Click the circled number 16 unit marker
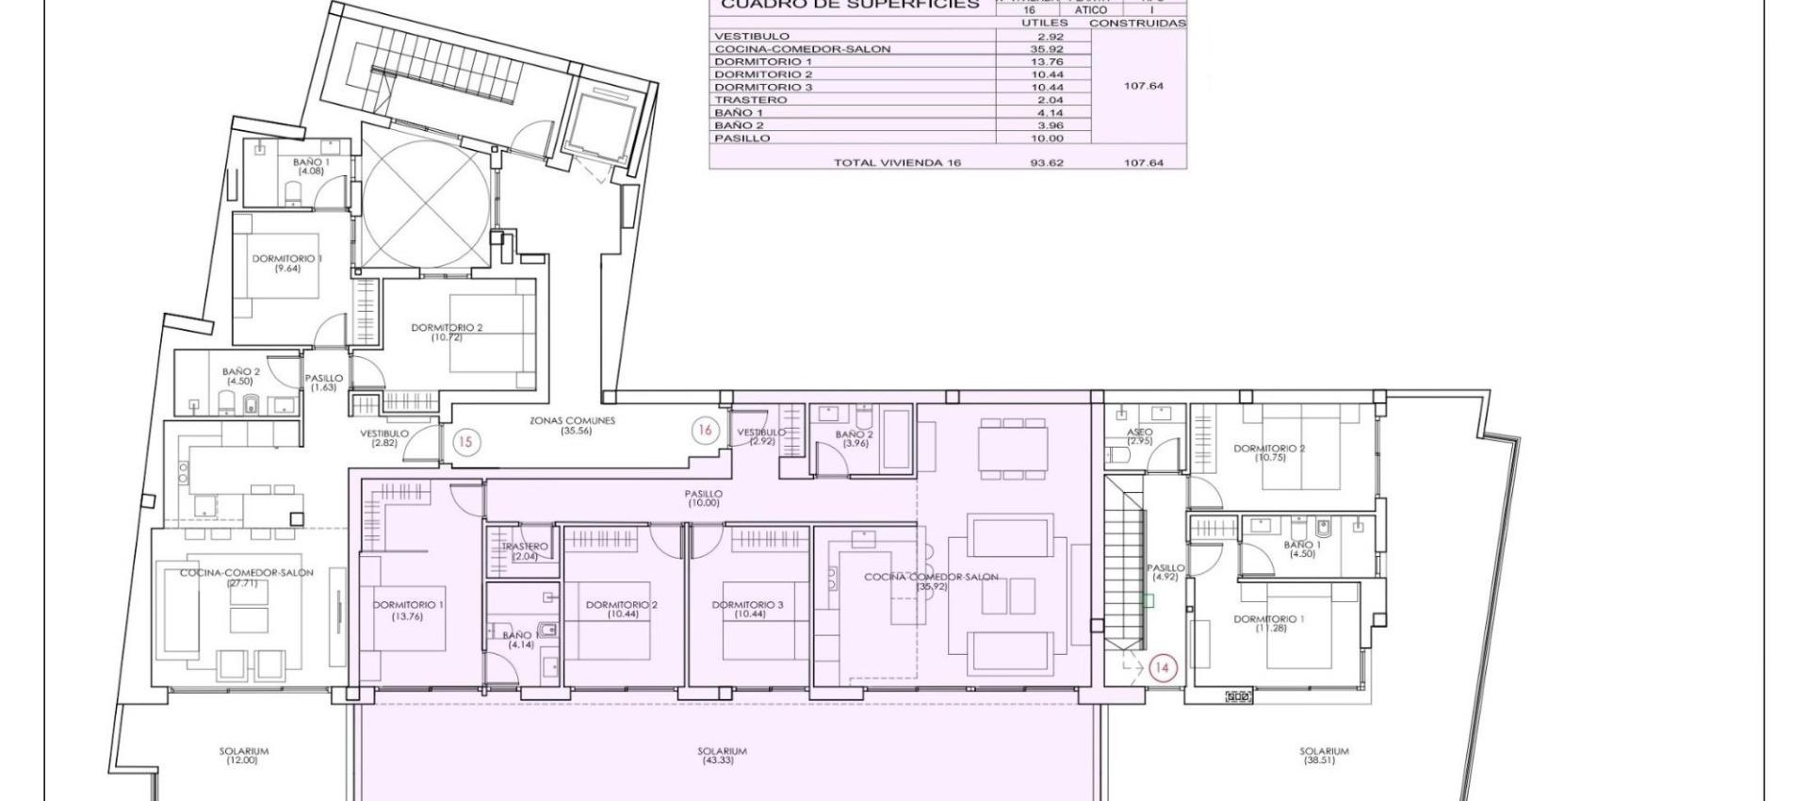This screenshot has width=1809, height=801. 705,431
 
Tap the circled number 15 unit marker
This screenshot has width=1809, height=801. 464,441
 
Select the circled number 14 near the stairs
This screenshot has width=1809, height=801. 1162,668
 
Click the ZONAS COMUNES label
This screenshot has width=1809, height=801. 573,425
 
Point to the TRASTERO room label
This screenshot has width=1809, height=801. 525,551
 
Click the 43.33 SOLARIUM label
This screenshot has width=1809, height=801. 723,756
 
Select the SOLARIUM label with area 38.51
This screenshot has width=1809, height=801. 1324,756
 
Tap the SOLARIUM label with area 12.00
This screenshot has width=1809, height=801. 244,756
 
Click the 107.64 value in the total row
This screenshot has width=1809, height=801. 1143,163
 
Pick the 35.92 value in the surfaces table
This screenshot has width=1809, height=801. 1046,49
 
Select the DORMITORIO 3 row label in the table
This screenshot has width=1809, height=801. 763,87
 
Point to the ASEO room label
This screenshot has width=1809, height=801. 1139,436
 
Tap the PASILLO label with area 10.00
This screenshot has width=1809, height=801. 704,498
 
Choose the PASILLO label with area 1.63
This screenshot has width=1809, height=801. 323,383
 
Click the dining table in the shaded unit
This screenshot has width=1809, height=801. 1013,446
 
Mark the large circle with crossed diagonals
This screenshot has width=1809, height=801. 426,208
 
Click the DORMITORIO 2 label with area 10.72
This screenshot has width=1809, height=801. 447,332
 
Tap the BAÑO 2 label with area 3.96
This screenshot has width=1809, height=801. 854,438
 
